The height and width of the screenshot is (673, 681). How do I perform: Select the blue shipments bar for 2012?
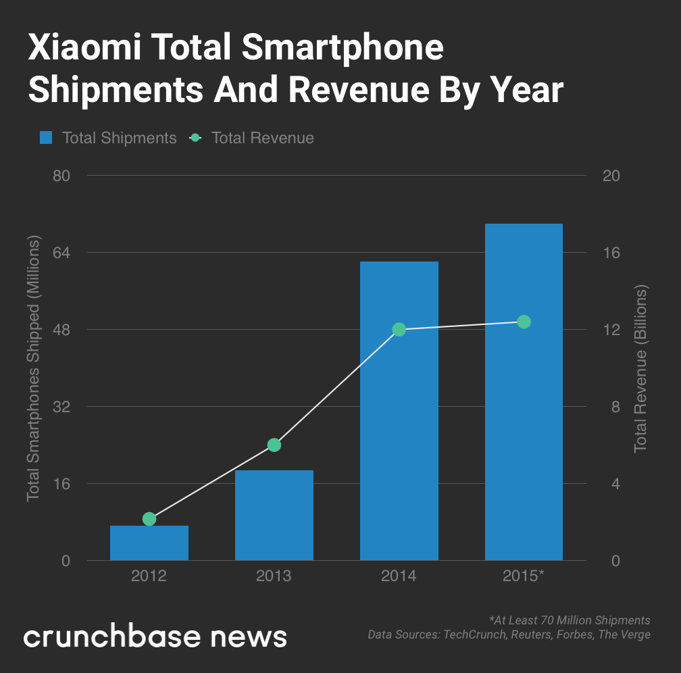[x=149, y=543]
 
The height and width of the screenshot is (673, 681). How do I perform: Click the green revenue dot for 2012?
[x=149, y=519]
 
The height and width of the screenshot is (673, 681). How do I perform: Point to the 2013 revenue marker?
[x=274, y=445]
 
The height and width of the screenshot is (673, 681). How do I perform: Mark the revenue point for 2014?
[x=399, y=329]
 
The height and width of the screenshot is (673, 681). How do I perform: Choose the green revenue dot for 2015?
[x=524, y=322]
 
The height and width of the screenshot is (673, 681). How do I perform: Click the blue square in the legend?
[x=46, y=138]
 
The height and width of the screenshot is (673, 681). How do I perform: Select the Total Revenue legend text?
[x=263, y=138]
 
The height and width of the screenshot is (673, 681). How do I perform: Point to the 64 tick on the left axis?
[x=62, y=253]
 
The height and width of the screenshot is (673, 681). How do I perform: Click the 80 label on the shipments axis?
[x=62, y=176]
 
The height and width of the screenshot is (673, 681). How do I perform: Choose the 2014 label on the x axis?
[x=399, y=576]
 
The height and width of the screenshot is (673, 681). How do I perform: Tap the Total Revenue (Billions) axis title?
[x=640, y=368]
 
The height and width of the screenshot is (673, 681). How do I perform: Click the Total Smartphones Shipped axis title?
[x=33, y=368]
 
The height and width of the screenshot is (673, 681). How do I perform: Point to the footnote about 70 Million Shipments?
[x=569, y=620]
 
